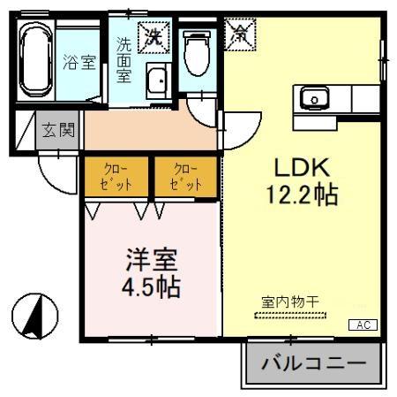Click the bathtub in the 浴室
(35, 62)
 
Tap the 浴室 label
(79, 63)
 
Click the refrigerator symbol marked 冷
(239, 34)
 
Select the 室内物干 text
(289, 302)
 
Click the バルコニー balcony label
(313, 363)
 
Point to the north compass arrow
(34, 315)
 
